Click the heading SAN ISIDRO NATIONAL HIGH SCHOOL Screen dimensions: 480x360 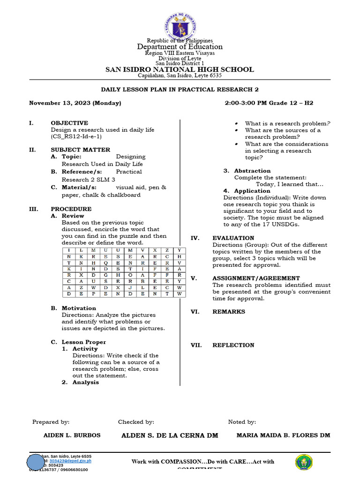point(180,69)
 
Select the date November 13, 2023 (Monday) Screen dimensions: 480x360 point(75,103)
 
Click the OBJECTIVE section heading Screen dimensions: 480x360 point(69,123)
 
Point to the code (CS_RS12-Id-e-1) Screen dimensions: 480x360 point(76,136)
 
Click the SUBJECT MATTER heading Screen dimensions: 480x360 point(81,150)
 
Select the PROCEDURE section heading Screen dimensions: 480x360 point(71,209)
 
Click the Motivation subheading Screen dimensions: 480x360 point(79,308)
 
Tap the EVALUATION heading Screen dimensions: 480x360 point(233,238)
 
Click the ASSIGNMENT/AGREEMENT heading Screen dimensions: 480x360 point(256,278)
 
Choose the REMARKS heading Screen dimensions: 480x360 point(229,312)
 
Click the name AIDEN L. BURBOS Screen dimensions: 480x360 point(72,435)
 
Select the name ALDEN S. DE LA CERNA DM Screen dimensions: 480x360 point(170,435)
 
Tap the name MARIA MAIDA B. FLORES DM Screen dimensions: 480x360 point(283,435)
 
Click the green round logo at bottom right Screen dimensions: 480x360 point(304,462)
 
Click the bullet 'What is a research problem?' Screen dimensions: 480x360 point(287,123)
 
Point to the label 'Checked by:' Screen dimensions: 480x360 point(136,422)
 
